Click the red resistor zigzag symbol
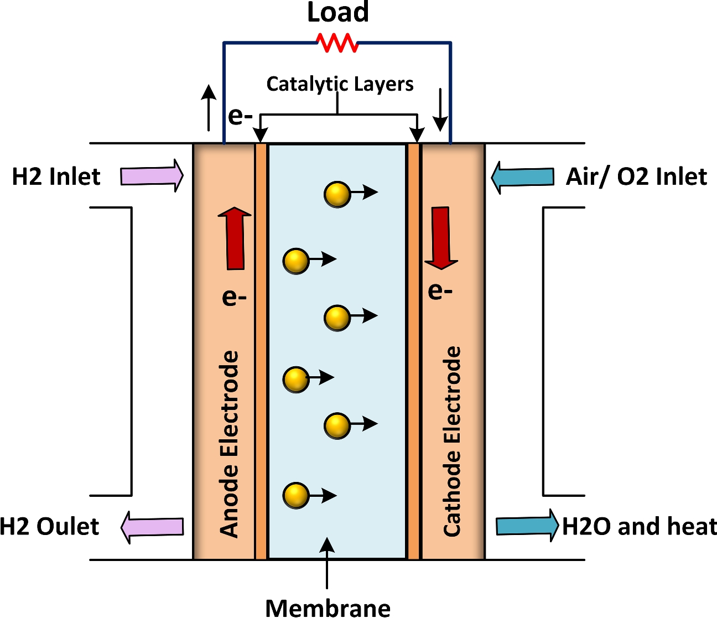click(337, 43)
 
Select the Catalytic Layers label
click(340, 84)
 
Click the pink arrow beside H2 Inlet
click(152, 176)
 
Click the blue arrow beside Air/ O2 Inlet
click(522, 177)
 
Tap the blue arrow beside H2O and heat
click(527, 526)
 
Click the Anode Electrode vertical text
click(230, 444)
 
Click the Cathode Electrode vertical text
click(452, 441)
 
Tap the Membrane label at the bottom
click(328, 607)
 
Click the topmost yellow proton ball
click(337, 193)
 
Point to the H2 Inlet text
click(56, 177)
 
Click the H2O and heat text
click(639, 527)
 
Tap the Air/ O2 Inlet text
click(636, 177)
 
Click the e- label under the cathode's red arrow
click(440, 290)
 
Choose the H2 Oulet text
click(49, 527)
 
